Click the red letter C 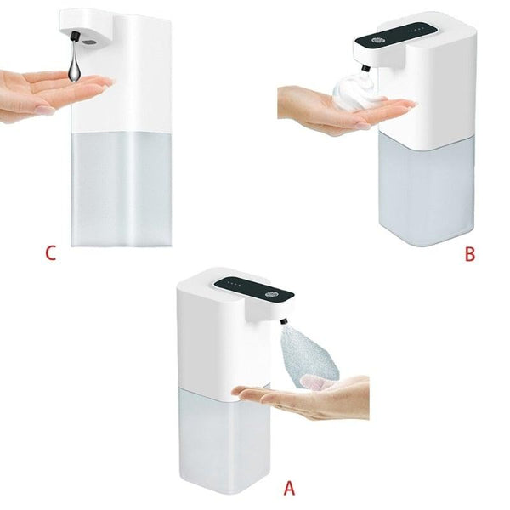tap(52, 253)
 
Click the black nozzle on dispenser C tap(75, 37)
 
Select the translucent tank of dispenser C tap(120, 191)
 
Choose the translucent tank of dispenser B tap(425, 191)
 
